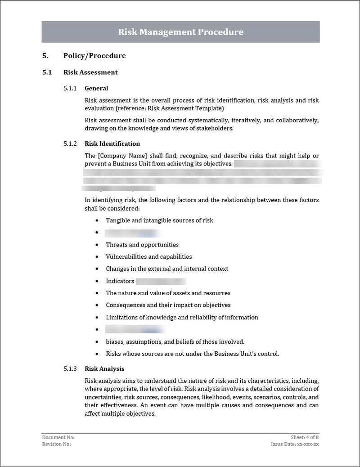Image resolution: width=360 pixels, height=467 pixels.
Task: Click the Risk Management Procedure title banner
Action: tap(180, 32)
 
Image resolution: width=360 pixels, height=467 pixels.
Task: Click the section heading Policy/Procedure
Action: tap(94, 56)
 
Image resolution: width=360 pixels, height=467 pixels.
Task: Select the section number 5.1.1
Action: tap(70, 88)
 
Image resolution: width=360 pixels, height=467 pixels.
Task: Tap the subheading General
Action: tap(96, 88)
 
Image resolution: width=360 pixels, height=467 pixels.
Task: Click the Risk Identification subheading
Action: tap(112, 144)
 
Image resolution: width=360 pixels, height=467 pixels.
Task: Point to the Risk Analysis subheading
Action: tap(104, 368)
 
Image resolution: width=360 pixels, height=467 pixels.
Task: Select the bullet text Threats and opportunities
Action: tap(142, 245)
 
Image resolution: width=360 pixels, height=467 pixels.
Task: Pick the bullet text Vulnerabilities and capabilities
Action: tap(148, 256)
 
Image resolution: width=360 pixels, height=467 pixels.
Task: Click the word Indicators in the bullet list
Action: tap(120, 281)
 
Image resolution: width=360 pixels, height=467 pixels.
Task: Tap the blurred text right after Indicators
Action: tap(161, 281)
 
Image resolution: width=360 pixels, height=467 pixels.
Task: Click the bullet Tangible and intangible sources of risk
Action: tap(159, 220)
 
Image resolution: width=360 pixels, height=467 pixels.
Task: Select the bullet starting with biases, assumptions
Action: tap(175, 341)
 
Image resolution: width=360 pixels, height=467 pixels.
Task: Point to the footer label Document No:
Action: tap(58, 437)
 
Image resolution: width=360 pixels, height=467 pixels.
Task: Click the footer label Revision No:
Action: tap(56, 444)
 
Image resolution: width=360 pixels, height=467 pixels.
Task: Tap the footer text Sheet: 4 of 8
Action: tap(305, 437)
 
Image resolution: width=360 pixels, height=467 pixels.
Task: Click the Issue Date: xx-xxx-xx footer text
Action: tap(295, 444)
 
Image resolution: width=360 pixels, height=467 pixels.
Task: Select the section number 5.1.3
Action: tap(70, 368)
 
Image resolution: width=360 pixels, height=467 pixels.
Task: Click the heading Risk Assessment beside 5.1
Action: tap(90, 72)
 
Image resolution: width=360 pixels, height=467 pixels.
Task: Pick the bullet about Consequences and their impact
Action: tap(168, 305)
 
